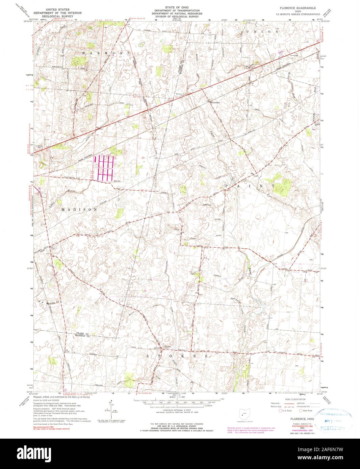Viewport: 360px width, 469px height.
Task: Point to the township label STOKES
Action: (x=177, y=356)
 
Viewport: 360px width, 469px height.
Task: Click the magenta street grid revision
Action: (x=103, y=168)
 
